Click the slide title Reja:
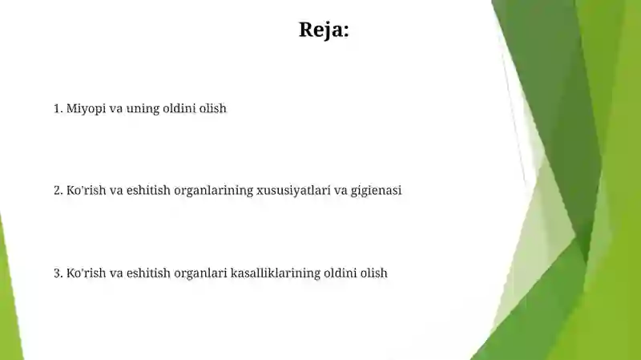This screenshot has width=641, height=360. point(324,30)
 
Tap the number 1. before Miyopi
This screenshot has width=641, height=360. point(58,108)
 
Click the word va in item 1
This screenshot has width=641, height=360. point(115,108)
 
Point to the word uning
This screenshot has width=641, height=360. point(143,108)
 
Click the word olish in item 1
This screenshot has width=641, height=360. point(213,108)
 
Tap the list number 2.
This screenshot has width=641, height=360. point(58,191)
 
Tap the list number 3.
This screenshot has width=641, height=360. point(58,273)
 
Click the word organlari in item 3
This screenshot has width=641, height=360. point(200,273)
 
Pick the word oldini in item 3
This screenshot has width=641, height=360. point(341,273)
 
